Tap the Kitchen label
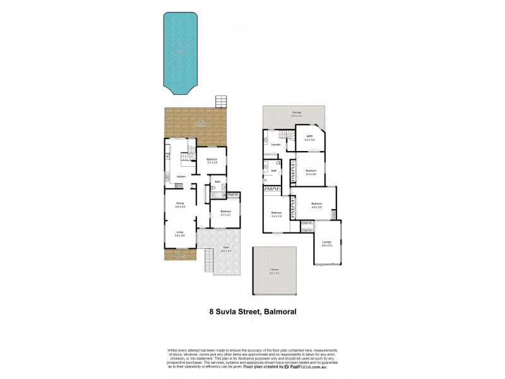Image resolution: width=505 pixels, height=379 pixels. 181,176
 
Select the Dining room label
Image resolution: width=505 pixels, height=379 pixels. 180,203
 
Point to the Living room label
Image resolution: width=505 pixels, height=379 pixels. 180,233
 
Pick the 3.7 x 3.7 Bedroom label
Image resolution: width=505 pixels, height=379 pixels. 225,212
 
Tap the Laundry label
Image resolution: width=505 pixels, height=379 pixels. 275,145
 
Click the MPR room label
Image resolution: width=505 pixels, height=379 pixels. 309,137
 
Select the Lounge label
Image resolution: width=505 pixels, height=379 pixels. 326,242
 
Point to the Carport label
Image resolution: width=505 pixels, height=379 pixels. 275,270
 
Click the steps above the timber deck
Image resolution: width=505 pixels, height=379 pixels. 220,102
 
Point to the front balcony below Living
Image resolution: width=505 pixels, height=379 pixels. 180,256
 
